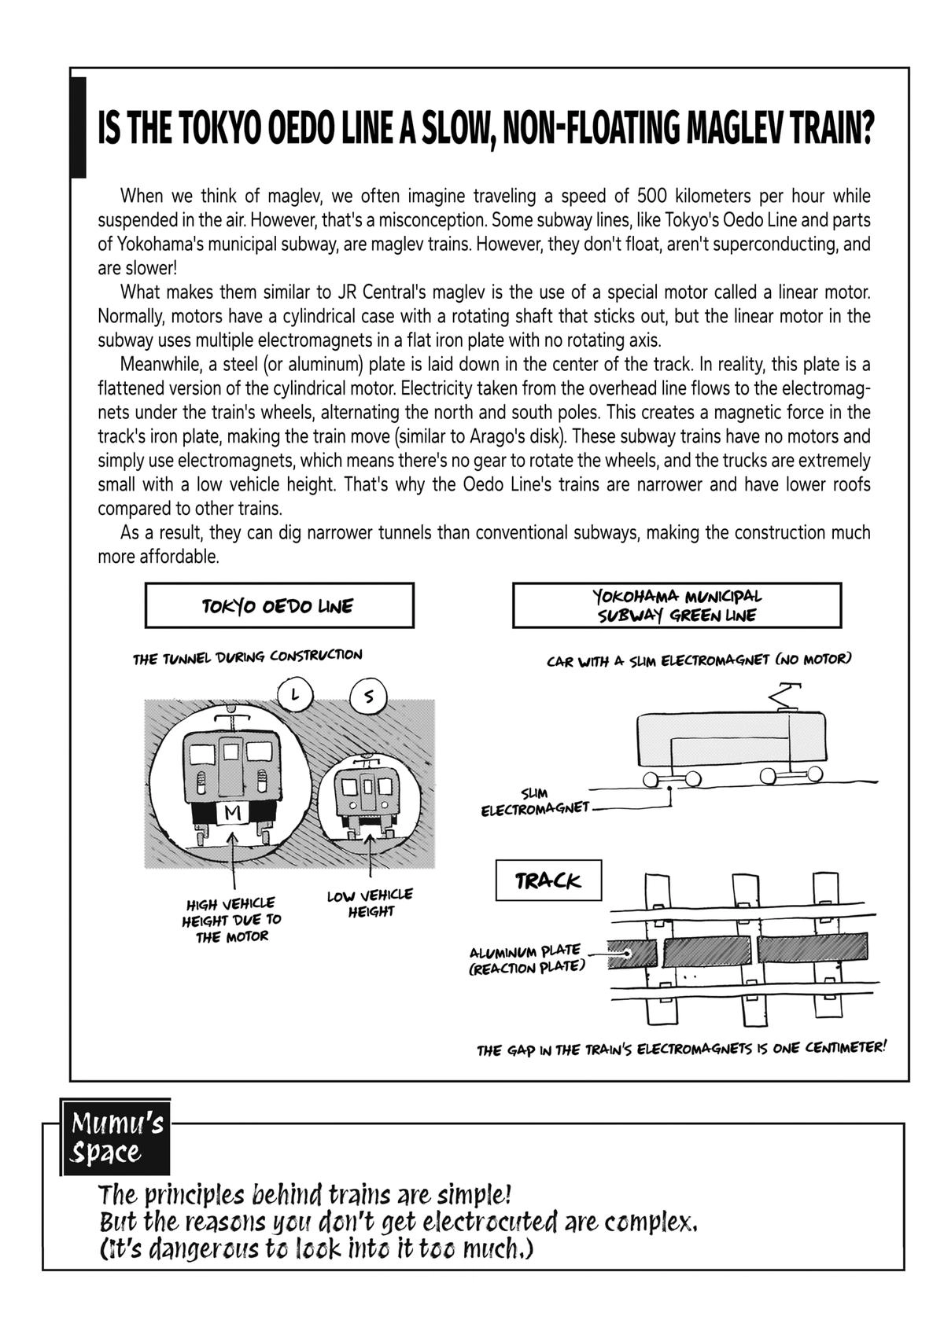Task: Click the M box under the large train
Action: click(232, 813)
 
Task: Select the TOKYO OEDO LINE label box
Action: click(279, 605)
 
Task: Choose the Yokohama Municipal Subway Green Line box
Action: click(677, 605)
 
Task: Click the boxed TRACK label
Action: click(548, 881)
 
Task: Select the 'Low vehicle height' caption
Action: click(370, 903)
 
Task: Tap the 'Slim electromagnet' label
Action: click(536, 801)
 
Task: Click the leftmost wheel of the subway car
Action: click(651, 778)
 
